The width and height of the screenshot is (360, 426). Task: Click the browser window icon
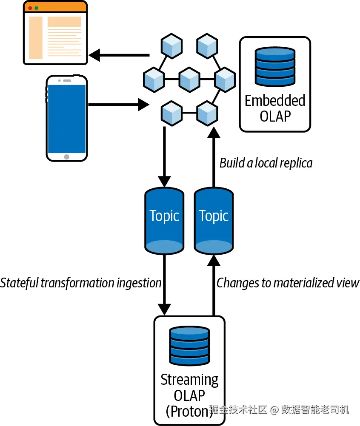pos(55,33)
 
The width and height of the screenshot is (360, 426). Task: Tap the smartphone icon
pos(66,118)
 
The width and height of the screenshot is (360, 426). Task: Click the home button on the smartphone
pos(66,156)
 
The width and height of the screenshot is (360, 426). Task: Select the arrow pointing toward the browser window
pos(119,55)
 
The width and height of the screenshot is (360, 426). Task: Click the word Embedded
pos(275,101)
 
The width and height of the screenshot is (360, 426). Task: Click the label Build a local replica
pos(266,163)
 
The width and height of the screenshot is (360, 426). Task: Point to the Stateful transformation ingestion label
pos(81,283)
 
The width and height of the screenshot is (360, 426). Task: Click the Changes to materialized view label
pos(288,283)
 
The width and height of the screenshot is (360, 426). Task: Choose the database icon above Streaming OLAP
pos(189,346)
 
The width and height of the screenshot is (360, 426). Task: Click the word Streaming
pos(189,379)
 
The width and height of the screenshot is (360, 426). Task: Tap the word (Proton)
pos(189,410)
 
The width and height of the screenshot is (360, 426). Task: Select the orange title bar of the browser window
pos(55,8)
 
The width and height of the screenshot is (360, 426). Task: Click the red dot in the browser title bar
pos(30,8)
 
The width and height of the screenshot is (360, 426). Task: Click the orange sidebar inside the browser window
pos(36,38)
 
